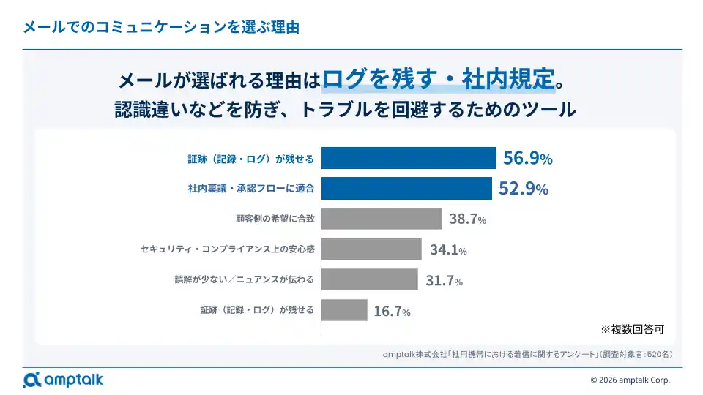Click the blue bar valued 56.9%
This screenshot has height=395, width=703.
point(409,158)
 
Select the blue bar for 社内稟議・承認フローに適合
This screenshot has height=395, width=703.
point(406,189)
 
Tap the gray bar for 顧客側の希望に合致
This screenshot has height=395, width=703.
point(382,219)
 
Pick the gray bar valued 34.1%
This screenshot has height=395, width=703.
point(371,249)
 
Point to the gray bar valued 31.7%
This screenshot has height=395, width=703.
point(370,279)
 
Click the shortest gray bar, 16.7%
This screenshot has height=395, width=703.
point(344,310)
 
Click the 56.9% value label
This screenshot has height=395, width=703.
point(527,158)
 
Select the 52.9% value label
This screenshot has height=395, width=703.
point(523,189)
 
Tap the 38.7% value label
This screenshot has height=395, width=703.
point(467,219)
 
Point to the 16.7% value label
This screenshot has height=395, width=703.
point(392,312)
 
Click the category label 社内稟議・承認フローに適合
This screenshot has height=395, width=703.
point(251,189)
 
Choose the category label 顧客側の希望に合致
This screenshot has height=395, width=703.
point(275,219)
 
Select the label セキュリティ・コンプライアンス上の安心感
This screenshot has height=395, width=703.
point(227,249)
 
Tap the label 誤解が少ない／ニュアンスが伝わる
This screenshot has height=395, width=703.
point(245,279)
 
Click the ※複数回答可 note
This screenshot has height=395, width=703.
point(632,328)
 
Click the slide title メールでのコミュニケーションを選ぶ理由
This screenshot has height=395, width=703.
point(161,28)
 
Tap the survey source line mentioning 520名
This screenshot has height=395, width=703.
point(527,354)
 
